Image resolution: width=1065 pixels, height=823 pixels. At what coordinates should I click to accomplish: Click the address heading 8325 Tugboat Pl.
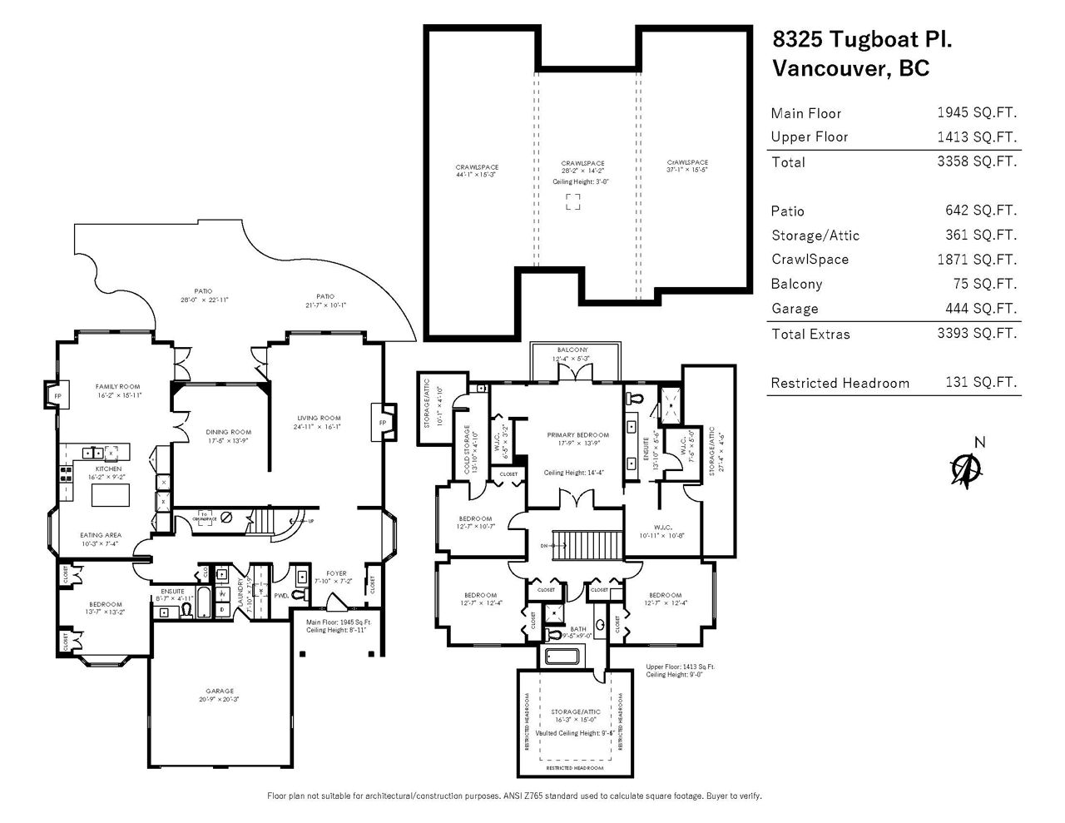863,39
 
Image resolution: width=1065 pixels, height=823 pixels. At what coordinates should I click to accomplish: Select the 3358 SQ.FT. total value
977,161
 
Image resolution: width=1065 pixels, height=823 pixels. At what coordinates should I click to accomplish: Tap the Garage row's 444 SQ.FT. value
985,309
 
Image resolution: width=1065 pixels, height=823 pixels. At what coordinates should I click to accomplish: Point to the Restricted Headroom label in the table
840,384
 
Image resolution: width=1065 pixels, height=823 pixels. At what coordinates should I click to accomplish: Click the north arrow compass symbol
964,469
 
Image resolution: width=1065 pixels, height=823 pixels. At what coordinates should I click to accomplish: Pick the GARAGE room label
220,691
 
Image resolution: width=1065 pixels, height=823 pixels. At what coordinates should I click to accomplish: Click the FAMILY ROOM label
117,386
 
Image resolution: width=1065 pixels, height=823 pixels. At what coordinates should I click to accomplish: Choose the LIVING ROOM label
319,418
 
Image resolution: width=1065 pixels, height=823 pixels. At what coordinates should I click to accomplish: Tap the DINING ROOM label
229,432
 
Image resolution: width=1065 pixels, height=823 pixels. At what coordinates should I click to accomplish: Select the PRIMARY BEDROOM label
577,435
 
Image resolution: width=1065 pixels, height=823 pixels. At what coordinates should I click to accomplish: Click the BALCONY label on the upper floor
572,350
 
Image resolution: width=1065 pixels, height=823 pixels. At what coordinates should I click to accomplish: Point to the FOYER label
336,573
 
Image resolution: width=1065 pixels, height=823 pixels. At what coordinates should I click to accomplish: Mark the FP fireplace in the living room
384,422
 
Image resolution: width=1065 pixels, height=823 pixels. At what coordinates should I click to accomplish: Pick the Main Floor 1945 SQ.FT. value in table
977,113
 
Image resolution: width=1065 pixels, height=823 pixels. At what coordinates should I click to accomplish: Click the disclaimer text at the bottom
514,796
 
